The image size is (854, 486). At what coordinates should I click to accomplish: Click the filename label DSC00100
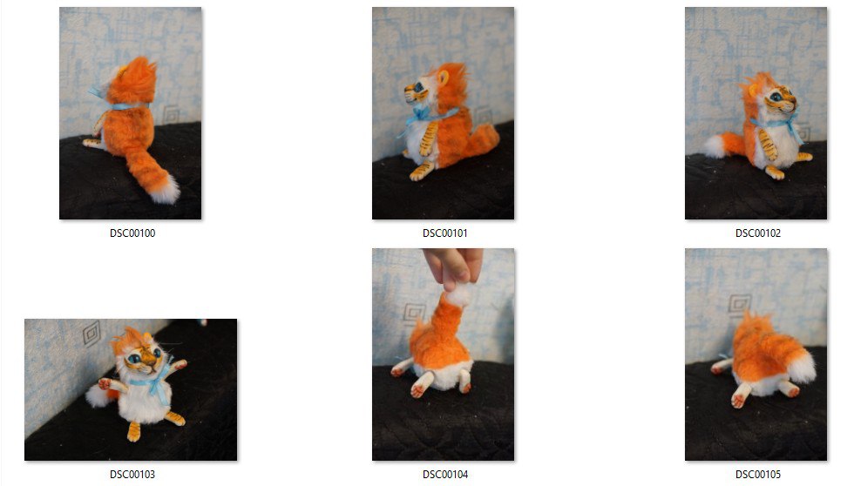[x=132, y=233]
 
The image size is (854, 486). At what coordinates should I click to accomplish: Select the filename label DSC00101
[x=445, y=233]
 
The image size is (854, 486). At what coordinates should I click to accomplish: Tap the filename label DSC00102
[x=757, y=233]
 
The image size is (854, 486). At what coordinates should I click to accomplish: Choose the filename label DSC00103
[x=132, y=475]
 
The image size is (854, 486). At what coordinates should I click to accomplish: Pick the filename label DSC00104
[x=445, y=475]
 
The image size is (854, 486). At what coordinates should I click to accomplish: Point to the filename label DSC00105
[x=757, y=475]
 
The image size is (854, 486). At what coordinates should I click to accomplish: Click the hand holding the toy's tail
[x=453, y=266]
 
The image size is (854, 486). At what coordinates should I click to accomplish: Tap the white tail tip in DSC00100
[x=166, y=189]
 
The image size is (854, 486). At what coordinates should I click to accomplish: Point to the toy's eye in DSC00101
[x=418, y=87]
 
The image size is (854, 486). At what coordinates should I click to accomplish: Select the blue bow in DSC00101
[x=422, y=115]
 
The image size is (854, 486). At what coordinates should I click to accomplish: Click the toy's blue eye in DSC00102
[x=776, y=98]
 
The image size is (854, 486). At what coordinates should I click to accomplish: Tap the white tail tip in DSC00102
[x=714, y=145]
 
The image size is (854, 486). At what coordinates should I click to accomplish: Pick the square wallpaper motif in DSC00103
[x=92, y=333]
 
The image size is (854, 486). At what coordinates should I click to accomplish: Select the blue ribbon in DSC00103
[x=155, y=381]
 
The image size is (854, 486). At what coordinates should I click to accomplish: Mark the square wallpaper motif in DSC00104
[x=413, y=314]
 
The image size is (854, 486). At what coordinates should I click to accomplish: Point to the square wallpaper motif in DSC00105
[x=740, y=304]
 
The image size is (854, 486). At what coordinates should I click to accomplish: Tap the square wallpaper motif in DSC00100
[x=171, y=114]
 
